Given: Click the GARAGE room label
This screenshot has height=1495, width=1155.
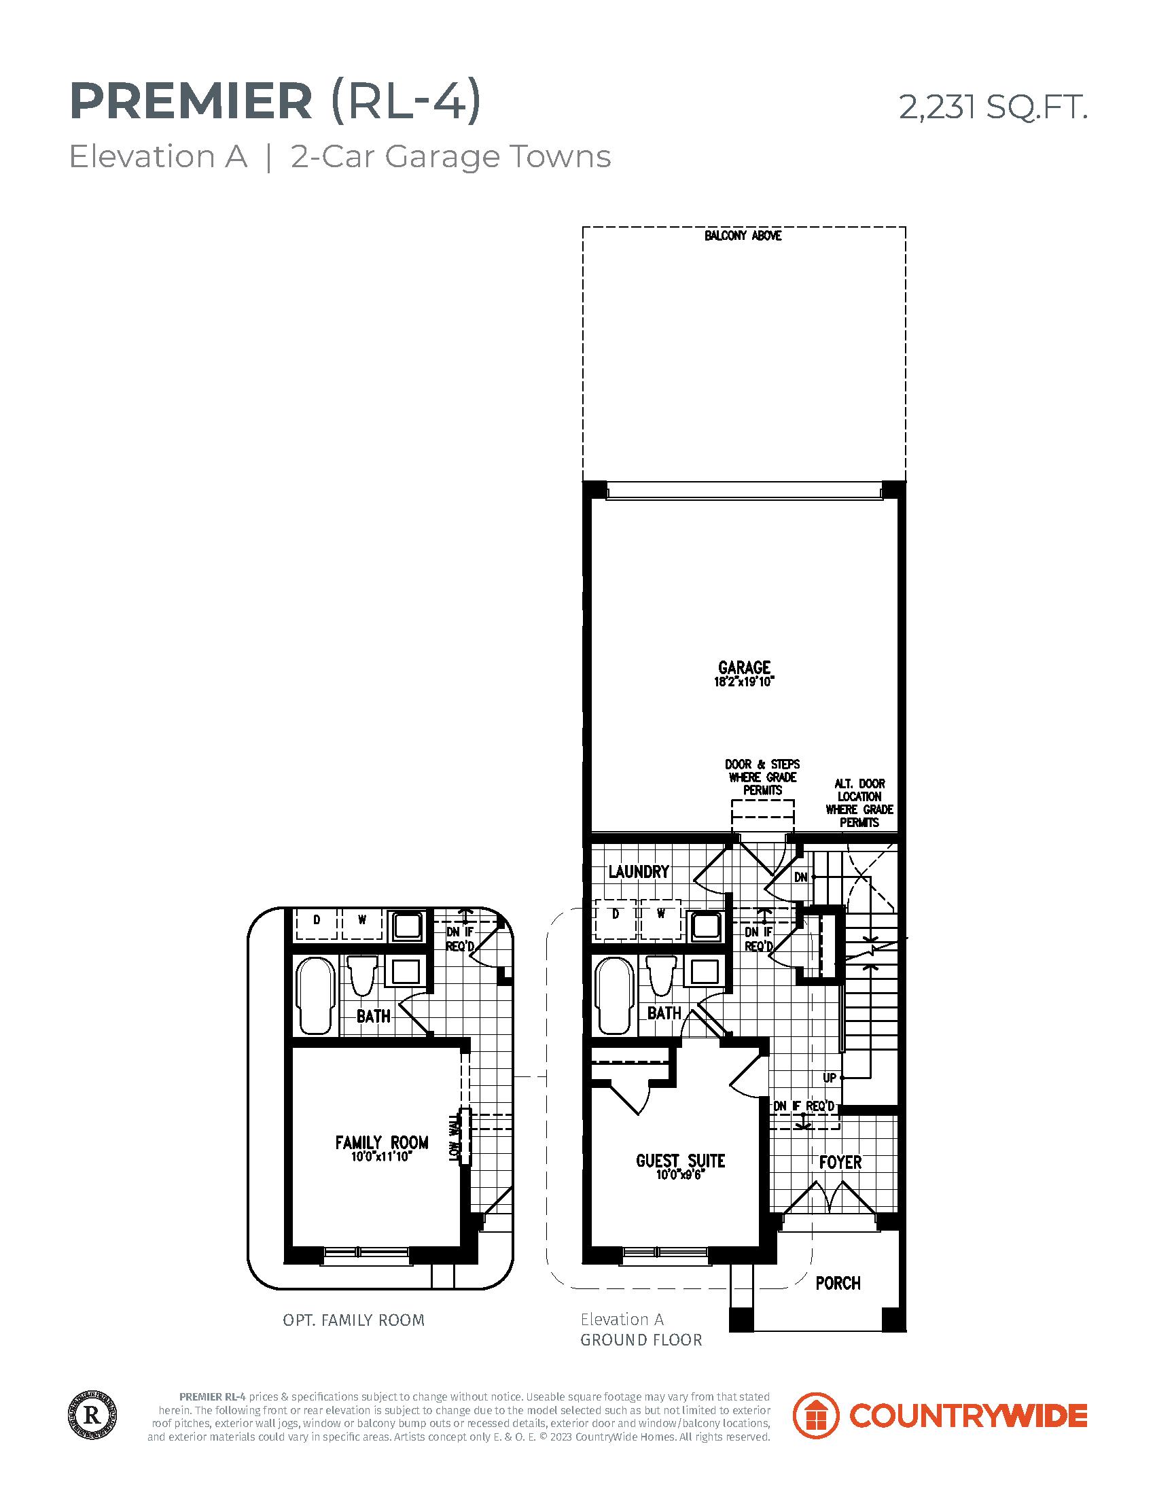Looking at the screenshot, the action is [744, 667].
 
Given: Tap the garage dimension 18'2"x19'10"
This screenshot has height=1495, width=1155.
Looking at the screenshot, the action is [744, 682].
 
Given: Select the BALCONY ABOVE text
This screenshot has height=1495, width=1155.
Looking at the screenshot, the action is [743, 236].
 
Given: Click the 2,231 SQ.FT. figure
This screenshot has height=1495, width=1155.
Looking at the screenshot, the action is [993, 107].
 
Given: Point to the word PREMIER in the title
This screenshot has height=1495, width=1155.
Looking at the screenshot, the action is [191, 102].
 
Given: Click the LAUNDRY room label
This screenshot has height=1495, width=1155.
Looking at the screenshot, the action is [639, 871].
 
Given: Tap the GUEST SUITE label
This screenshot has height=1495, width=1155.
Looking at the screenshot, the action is [680, 1161].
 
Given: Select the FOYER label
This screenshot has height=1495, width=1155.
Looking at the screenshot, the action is [840, 1162].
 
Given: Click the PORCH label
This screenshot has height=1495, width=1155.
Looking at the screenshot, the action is [838, 1284].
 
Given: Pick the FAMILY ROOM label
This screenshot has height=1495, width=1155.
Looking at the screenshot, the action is [382, 1142].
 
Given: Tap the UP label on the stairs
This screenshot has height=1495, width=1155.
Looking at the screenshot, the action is [830, 1078].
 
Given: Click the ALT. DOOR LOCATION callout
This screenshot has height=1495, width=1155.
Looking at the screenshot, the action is [859, 803].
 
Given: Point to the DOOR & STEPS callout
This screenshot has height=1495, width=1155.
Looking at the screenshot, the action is [762, 777].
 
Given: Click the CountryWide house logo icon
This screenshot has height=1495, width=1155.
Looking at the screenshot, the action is [815, 1415].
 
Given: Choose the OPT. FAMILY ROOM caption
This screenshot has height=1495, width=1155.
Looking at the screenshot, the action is [354, 1320].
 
